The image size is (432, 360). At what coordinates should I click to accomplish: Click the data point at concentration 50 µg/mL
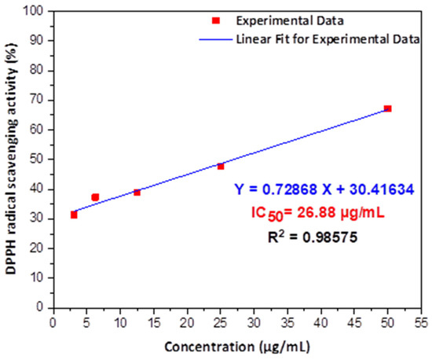[x=387, y=108]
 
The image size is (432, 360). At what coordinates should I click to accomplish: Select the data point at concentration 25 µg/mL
[x=221, y=166]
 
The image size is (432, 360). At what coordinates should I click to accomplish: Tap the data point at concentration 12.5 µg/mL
[x=137, y=192]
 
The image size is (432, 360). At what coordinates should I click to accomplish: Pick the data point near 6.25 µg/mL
[x=95, y=197]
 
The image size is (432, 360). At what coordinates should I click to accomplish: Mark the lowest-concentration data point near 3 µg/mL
[x=74, y=215]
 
